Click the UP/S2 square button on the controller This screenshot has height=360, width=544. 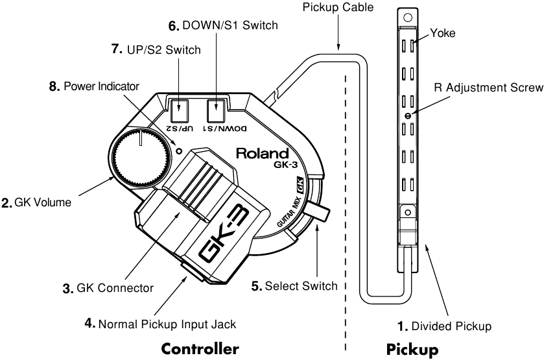(x=180, y=110)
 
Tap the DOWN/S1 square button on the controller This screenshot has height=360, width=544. (x=217, y=110)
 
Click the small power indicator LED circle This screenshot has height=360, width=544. (x=179, y=150)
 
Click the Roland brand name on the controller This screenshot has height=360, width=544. (x=263, y=154)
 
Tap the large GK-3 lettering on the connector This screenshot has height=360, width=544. (x=224, y=235)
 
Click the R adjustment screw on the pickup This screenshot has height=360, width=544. (x=408, y=115)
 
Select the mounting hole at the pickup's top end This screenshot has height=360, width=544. (x=408, y=17)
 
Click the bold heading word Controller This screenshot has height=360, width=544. (x=200, y=348)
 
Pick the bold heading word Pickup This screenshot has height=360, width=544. (x=412, y=350)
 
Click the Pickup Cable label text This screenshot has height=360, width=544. (x=338, y=7)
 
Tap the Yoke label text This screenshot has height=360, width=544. (x=443, y=33)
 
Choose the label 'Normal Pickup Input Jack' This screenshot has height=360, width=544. (x=167, y=324)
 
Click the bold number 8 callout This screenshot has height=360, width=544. (x=54, y=86)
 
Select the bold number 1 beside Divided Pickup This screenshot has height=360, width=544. (x=402, y=326)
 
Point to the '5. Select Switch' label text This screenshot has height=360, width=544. (x=294, y=286)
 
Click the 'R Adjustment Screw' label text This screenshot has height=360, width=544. (x=488, y=88)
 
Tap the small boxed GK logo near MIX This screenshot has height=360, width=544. (x=299, y=185)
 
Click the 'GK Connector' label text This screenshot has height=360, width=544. (x=115, y=288)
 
